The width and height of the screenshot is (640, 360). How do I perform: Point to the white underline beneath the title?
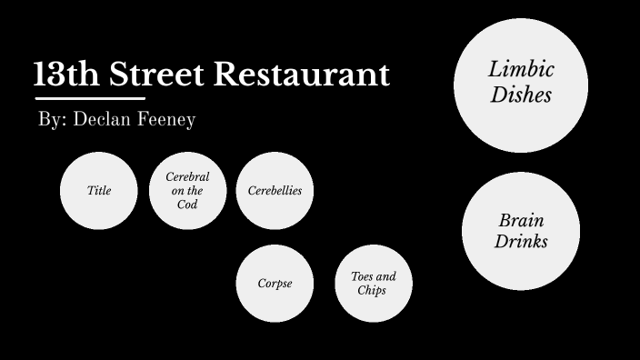click(x=90, y=97)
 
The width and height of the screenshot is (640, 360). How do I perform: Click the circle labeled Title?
click(x=99, y=191)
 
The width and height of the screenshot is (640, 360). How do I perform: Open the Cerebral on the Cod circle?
click(x=187, y=191)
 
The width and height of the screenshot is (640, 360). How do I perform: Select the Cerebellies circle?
click(x=275, y=191)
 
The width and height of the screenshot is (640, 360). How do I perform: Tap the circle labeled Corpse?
click(x=275, y=284)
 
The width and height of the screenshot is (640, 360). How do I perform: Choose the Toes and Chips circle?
click(x=373, y=284)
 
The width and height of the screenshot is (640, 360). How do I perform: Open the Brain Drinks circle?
click(x=521, y=231)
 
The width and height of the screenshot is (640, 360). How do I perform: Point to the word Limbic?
click(x=521, y=70)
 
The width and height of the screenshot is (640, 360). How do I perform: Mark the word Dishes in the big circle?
click(x=521, y=95)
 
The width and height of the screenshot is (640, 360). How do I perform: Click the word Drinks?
click(x=521, y=242)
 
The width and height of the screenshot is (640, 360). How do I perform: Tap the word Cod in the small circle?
click(x=187, y=205)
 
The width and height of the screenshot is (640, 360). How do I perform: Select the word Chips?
click(x=373, y=291)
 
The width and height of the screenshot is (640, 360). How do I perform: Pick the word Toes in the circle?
click(x=363, y=276)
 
